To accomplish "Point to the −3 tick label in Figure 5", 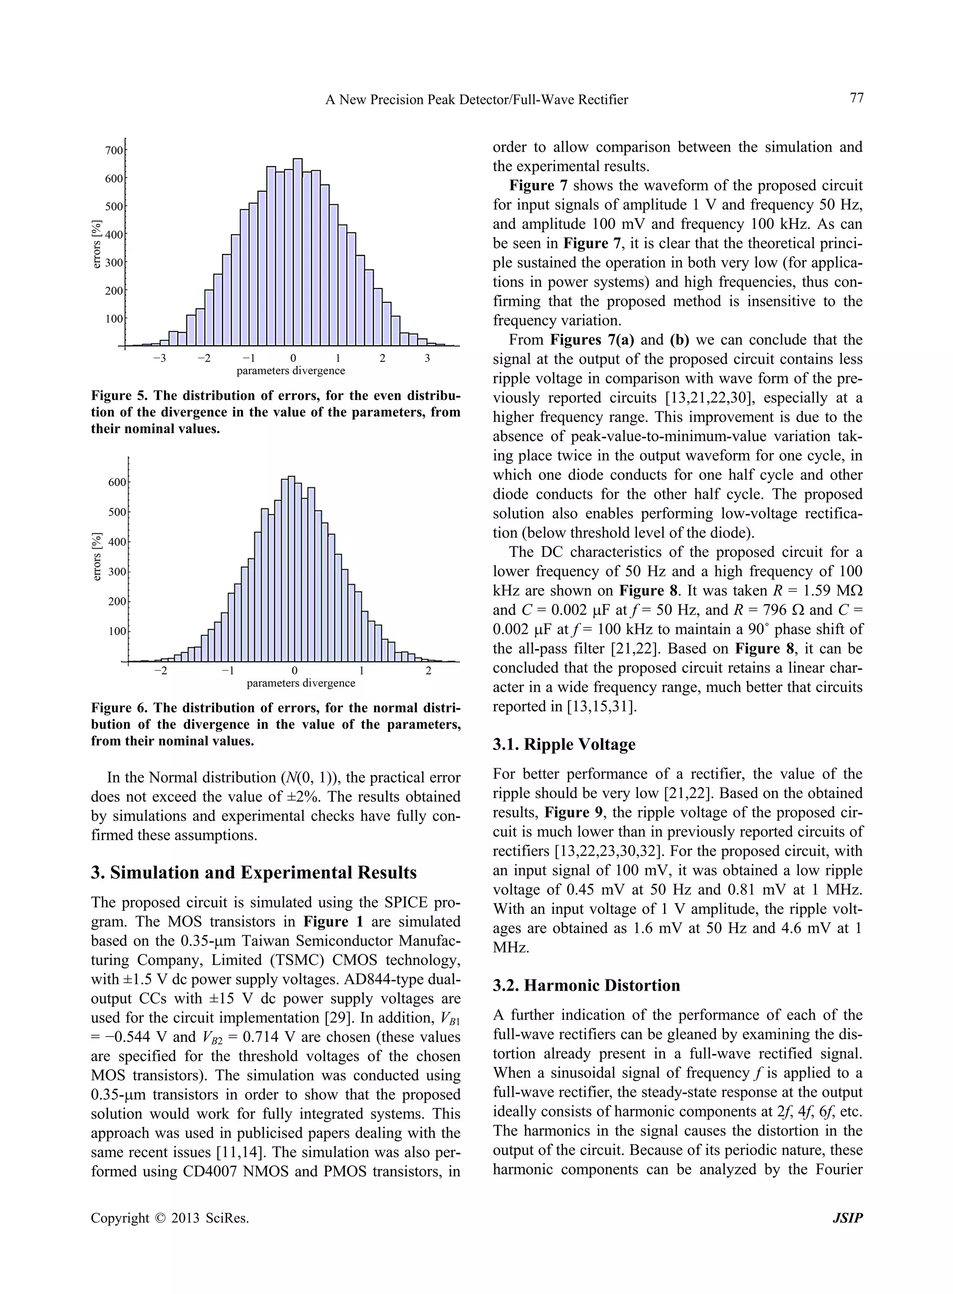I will click(159, 358).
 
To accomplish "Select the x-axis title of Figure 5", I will click(291, 371).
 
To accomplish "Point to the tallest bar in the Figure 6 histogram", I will click(291, 568).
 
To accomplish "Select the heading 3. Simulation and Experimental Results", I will click(254, 872).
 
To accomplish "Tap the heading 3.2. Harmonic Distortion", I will click(586, 986).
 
